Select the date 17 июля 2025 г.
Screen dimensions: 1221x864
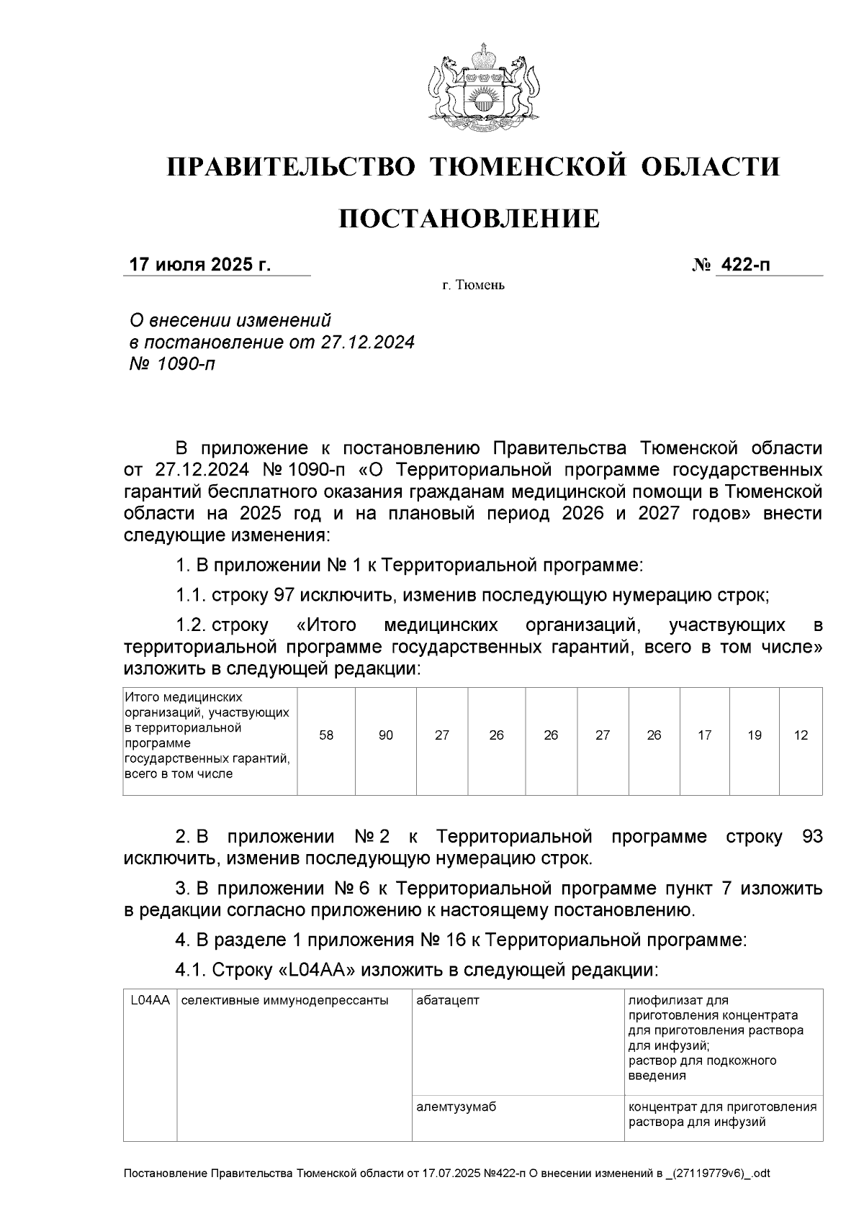tap(199, 265)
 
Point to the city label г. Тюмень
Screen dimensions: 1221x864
tap(473, 286)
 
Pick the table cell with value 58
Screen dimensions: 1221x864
tap(326, 735)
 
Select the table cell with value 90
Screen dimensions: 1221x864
tap(386, 735)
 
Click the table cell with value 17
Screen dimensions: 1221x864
tap(705, 735)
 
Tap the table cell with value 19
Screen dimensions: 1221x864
tap(755, 735)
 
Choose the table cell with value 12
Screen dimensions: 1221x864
tap(801, 735)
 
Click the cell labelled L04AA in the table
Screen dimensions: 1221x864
tap(150, 1000)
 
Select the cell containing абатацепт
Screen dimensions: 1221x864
tap(448, 1000)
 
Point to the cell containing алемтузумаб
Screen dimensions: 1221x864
tap(456, 1107)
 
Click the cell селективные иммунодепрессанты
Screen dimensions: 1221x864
tap(284, 1000)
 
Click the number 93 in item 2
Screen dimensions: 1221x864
tap(811, 837)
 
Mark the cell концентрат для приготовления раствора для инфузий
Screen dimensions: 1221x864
tap(722, 1115)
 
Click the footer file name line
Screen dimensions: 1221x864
tap(446, 1174)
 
